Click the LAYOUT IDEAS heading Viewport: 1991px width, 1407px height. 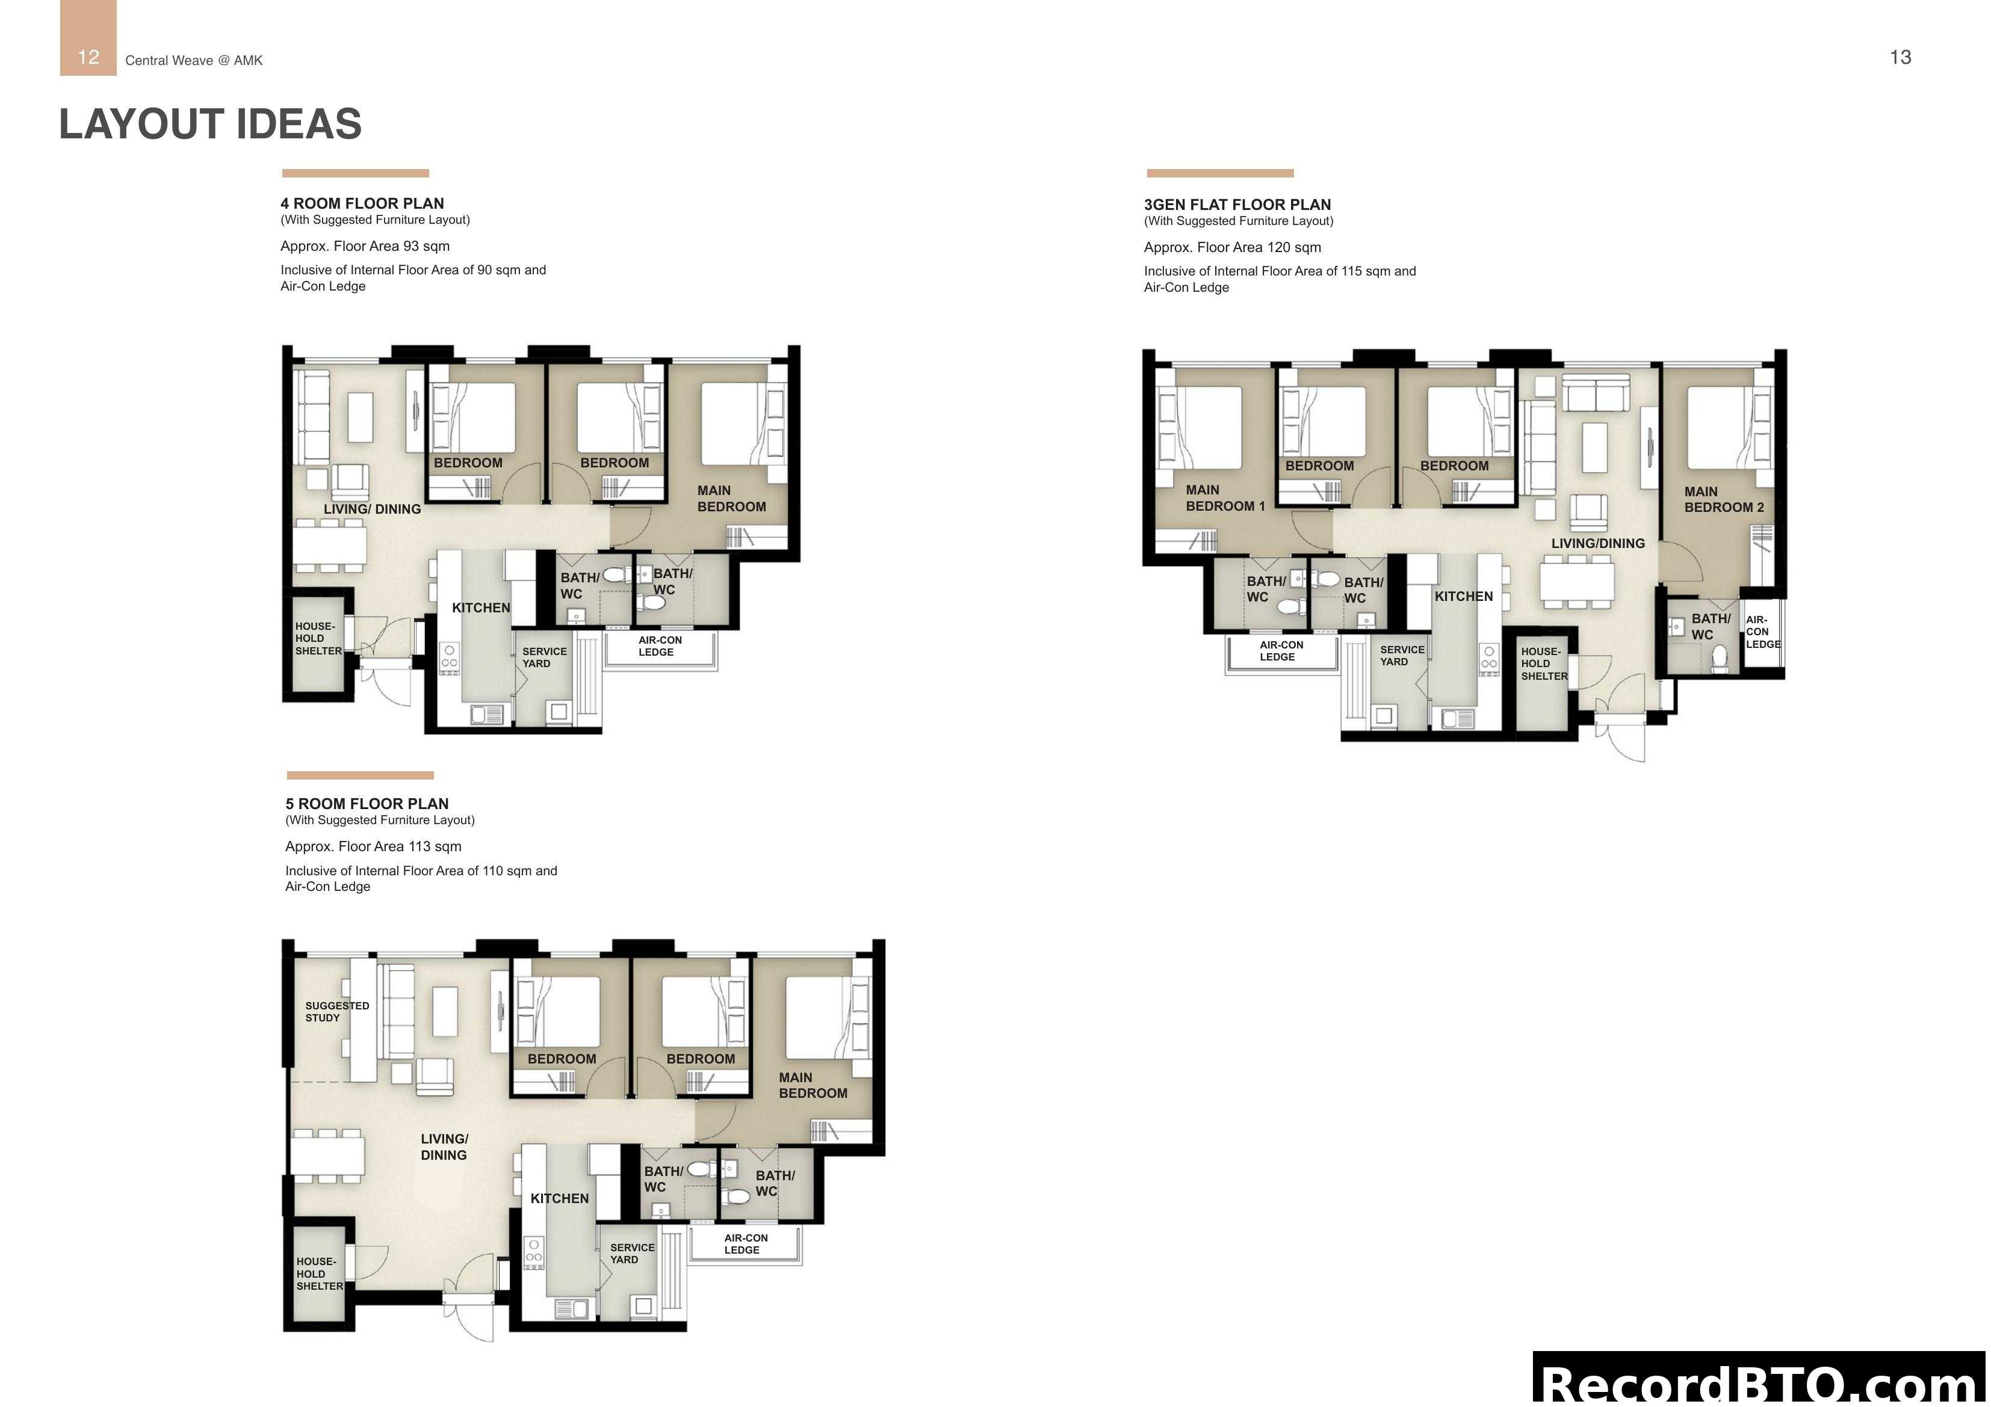pyautogui.click(x=210, y=124)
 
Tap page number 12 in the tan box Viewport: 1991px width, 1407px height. pyautogui.click(x=88, y=57)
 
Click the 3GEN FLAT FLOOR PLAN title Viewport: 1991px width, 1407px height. pyautogui.click(x=1237, y=205)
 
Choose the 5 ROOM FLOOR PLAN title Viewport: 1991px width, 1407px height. pyautogui.click(x=367, y=804)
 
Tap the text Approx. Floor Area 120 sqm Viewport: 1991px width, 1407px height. pyautogui.click(x=1231, y=247)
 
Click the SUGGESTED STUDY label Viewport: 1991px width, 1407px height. pyautogui.click(x=336, y=1012)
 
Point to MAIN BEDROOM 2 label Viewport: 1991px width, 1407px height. pyautogui.click(x=1723, y=499)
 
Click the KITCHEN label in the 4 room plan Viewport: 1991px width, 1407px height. pyautogui.click(x=480, y=608)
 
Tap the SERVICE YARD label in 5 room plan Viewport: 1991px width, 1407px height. pyautogui.click(x=631, y=1254)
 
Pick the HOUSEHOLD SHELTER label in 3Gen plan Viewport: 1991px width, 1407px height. pyautogui.click(x=1544, y=664)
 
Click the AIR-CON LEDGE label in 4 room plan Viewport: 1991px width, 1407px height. pyautogui.click(x=659, y=646)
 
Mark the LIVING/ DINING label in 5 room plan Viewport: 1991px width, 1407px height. pyautogui.click(x=444, y=1147)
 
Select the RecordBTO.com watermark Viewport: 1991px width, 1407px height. pyautogui.click(x=1760, y=1381)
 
